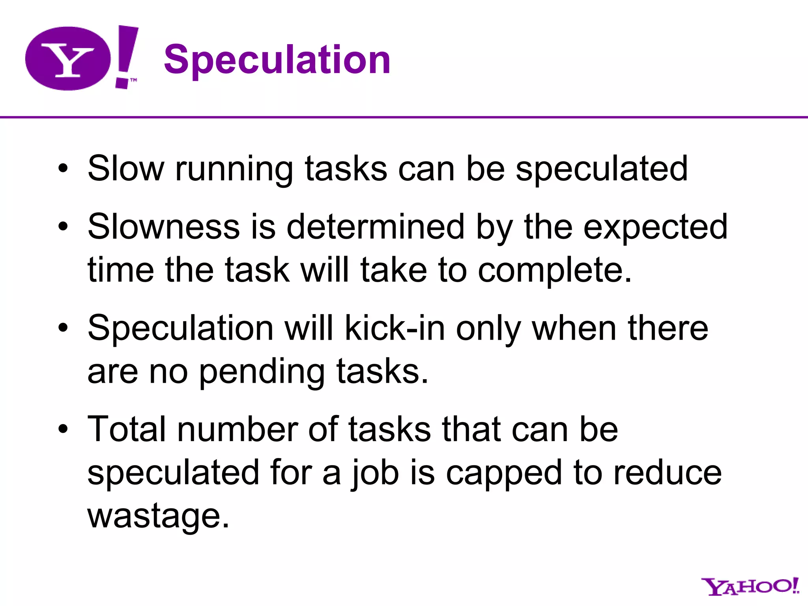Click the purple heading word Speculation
tap(277, 60)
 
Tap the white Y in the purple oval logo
tap(68, 60)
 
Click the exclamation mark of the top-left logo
tap(126, 55)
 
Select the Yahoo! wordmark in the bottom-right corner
tap(750, 587)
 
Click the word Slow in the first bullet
tap(125, 169)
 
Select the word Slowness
tap(164, 227)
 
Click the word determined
tap(375, 227)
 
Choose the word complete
tap(554, 271)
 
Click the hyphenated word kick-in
tap(395, 328)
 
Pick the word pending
tap(262, 372)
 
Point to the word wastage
tap(158, 516)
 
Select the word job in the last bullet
tap(374, 473)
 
